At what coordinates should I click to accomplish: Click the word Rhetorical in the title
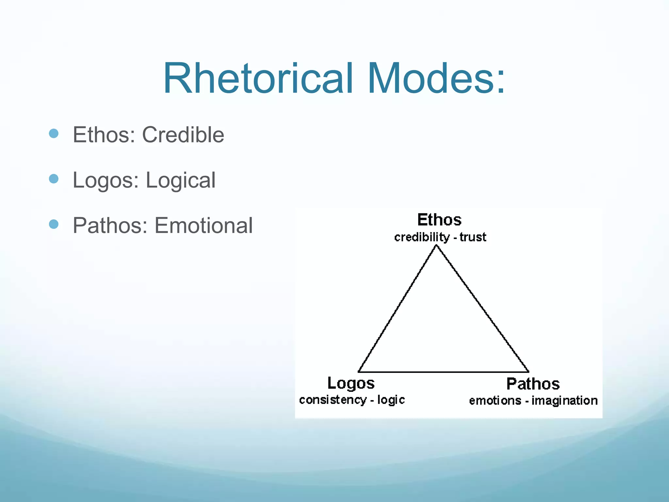[258, 79]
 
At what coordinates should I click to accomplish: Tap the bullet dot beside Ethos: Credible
[54, 133]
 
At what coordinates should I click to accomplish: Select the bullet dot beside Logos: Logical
[54, 179]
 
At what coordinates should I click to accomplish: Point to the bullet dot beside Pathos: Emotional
[54, 224]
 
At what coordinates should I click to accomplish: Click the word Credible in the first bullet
[183, 135]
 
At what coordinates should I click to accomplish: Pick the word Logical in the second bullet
[180, 180]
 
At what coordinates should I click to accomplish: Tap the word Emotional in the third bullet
[204, 226]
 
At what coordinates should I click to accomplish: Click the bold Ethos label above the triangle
[439, 220]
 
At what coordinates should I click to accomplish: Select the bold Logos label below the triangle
[351, 383]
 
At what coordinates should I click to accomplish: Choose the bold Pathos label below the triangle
[533, 384]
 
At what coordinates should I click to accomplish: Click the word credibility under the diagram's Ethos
[422, 237]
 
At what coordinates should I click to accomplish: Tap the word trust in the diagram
[473, 237]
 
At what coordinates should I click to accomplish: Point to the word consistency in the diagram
[333, 400]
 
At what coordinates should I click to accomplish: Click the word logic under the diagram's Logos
[391, 399]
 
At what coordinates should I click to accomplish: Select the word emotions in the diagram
[495, 400]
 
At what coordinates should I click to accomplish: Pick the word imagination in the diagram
[564, 400]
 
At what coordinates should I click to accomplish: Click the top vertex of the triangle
[436, 246]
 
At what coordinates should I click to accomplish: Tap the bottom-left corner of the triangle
[359, 372]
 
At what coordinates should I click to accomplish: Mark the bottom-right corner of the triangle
[528, 372]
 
